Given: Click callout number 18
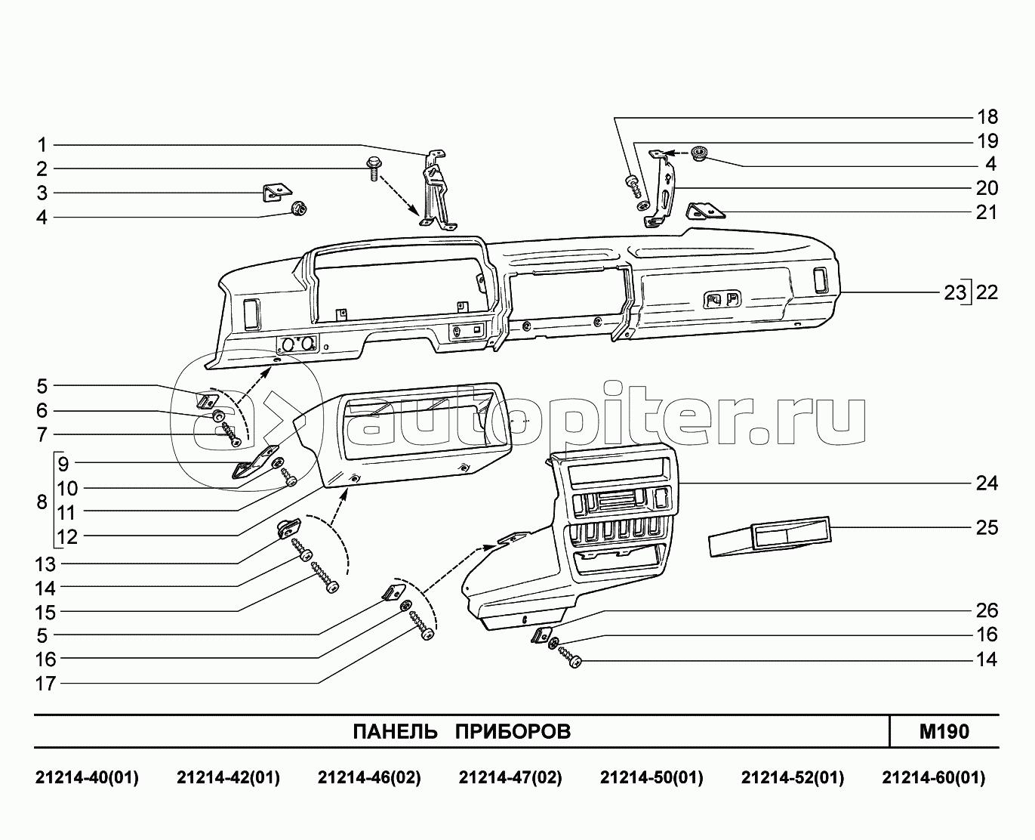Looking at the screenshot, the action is (x=987, y=116).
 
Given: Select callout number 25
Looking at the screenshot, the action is (x=987, y=527).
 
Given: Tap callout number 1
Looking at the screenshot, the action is (x=42, y=145).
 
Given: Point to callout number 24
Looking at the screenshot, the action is (x=987, y=483).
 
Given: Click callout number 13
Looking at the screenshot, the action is (x=45, y=564).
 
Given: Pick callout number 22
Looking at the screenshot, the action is (x=987, y=292).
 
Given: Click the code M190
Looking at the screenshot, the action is (x=944, y=731).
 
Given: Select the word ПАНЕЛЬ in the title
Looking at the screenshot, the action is (x=395, y=731).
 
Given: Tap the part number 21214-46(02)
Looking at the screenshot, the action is (x=369, y=778).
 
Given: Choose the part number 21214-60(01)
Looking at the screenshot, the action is (x=933, y=778).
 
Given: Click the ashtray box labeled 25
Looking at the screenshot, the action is (x=770, y=536).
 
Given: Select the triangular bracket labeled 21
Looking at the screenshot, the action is (x=705, y=211).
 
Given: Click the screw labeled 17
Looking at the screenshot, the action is (x=422, y=626).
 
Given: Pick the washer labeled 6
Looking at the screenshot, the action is (x=219, y=415).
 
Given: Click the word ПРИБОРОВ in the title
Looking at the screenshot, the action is (x=513, y=731).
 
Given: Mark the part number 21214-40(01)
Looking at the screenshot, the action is (x=87, y=778).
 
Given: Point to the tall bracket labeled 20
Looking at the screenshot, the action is (x=661, y=189).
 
